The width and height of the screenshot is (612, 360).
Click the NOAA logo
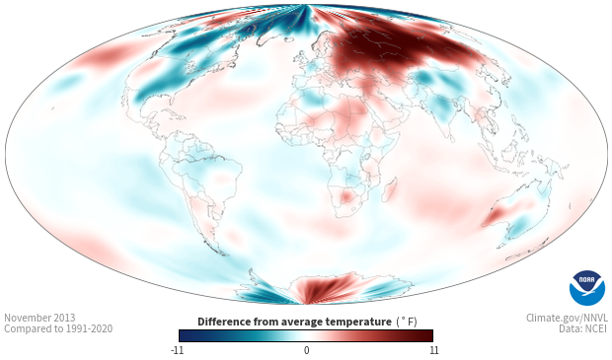[x=587, y=288]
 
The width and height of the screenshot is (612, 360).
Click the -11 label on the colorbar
[x=178, y=350]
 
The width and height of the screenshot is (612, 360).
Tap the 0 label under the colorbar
[x=306, y=350]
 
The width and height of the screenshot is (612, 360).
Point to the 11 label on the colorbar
[x=434, y=350]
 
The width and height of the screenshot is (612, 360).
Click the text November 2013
[x=39, y=318]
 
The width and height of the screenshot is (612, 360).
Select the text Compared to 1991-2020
[x=58, y=328]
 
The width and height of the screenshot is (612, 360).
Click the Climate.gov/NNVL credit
[x=567, y=318]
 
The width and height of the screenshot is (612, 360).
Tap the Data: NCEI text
[x=583, y=328]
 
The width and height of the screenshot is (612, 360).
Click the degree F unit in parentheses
[x=407, y=323]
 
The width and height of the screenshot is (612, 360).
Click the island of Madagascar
[x=389, y=189]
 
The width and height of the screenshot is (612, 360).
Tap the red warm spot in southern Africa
[x=346, y=196]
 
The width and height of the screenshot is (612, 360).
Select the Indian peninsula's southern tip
[x=450, y=138]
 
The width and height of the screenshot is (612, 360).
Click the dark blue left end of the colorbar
[x=185, y=335]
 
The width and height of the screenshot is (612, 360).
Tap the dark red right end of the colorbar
[x=427, y=335]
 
